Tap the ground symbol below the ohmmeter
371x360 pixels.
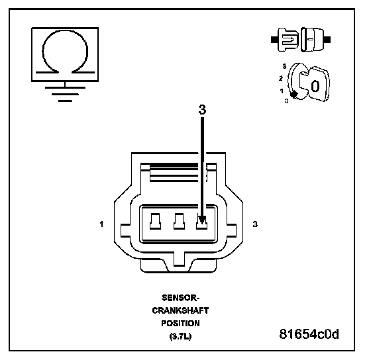click(x=65, y=94)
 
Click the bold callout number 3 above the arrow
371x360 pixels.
click(x=202, y=110)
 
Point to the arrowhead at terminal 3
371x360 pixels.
click(x=202, y=220)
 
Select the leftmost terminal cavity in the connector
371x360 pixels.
click(x=156, y=221)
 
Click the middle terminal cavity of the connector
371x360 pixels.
click(x=179, y=221)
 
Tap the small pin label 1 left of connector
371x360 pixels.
click(x=101, y=224)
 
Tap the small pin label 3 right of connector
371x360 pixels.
click(x=255, y=224)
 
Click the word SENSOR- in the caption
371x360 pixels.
click(x=180, y=298)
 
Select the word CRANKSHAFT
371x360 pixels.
click(x=180, y=310)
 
